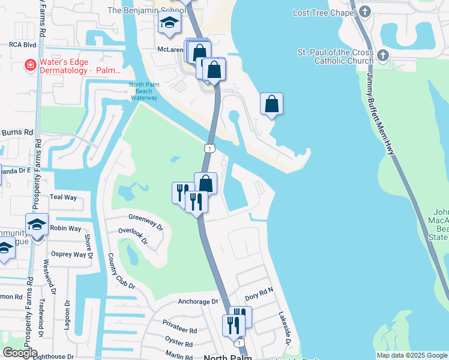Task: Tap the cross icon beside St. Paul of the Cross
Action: coord(382,56)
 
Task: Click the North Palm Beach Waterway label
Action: coord(143,91)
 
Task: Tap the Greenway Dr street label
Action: coord(146,221)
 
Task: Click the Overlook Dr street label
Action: coord(133,235)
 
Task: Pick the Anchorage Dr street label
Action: coord(198,302)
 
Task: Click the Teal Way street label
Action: coord(64,197)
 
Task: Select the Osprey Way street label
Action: coord(67,254)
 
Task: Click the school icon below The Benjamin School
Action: coord(169,24)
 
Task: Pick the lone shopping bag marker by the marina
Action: coord(271,104)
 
